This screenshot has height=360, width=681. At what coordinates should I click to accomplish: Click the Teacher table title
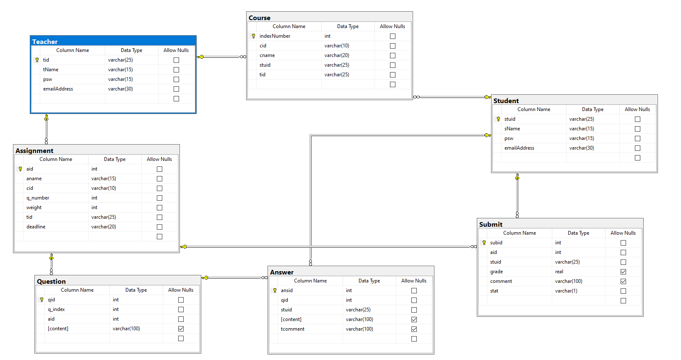[45, 41]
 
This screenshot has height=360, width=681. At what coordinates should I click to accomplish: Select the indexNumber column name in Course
[275, 36]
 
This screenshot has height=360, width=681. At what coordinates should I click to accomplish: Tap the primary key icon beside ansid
[275, 290]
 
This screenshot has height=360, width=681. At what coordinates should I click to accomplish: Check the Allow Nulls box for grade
[623, 272]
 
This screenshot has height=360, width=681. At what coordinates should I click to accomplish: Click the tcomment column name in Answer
[292, 329]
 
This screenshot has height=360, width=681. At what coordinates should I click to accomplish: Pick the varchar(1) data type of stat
[566, 291]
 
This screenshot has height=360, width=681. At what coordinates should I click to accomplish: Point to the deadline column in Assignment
[36, 227]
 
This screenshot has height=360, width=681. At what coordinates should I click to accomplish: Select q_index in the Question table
[56, 309]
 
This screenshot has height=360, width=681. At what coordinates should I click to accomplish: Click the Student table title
[506, 101]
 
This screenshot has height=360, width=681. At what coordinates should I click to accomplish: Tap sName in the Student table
[512, 129]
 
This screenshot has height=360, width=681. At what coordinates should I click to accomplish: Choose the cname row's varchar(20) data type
[337, 55]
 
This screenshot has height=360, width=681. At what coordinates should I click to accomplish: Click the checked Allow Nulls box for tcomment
[414, 329]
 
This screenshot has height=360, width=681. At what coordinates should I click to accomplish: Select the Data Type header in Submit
[578, 233]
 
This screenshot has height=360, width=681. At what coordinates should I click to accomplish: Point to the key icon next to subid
[484, 243]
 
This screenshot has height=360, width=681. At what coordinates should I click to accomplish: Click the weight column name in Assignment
[34, 207]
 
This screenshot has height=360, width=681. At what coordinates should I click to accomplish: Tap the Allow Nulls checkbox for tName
[176, 70]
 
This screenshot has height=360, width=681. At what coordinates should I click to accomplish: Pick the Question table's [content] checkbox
[181, 329]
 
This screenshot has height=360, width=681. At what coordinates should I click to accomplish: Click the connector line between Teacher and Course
[222, 57]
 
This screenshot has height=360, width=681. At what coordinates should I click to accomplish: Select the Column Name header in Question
[77, 290]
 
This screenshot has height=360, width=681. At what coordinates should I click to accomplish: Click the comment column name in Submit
[501, 281]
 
